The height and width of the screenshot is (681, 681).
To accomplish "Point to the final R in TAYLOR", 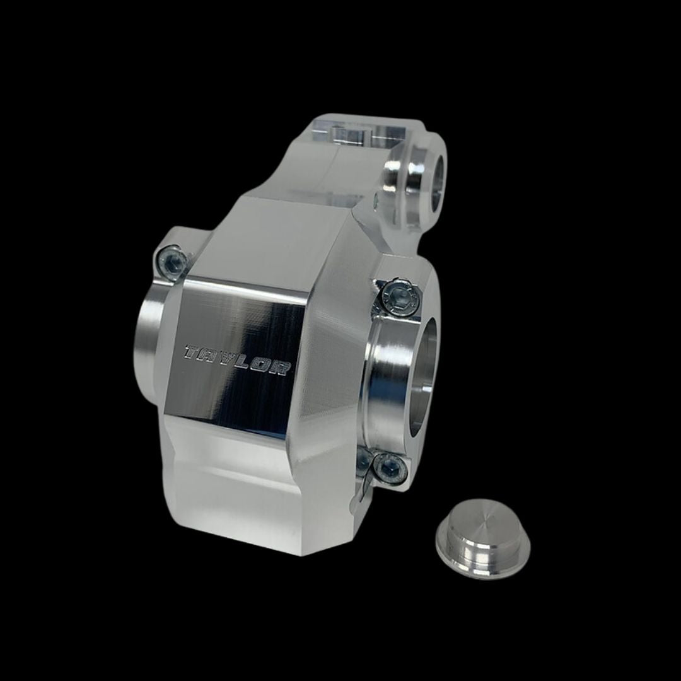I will [x=284, y=369].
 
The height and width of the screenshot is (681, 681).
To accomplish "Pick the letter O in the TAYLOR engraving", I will [x=267, y=366].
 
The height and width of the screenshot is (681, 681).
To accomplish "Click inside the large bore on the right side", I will [x=421, y=378].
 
